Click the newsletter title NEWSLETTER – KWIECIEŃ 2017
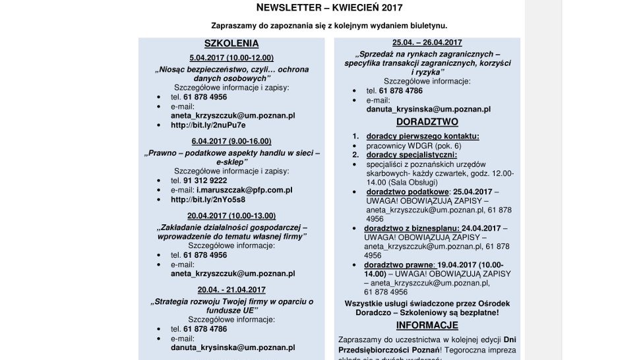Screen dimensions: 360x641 pyautogui.click(x=328, y=8)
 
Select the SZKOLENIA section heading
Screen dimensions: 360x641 pyautogui.click(x=231, y=44)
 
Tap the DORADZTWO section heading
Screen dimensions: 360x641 pyautogui.click(x=427, y=122)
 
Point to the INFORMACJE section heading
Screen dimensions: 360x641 pyautogui.click(x=427, y=326)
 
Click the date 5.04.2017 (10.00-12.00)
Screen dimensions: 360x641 pyautogui.click(x=231, y=58)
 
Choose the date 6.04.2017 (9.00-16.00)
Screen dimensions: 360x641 pyautogui.click(x=231, y=141)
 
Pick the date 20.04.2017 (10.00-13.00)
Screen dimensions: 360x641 pyautogui.click(x=231, y=216)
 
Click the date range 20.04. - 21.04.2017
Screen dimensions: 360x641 pyautogui.click(x=231, y=289)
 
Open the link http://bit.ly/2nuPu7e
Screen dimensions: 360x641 pyautogui.click(x=208, y=125)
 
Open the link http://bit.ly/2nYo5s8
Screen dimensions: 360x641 pyautogui.click(x=208, y=199)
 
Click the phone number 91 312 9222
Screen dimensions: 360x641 pyautogui.click(x=205, y=180)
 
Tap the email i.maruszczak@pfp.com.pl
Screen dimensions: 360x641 pyautogui.click(x=244, y=190)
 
